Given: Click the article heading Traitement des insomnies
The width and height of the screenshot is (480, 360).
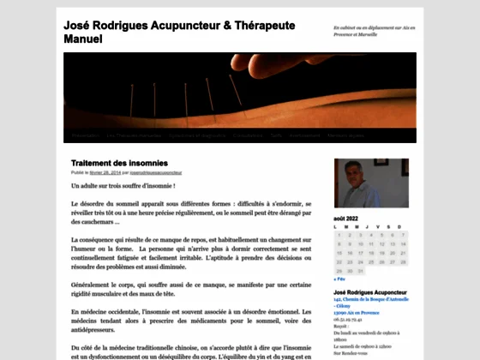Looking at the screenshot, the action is pos(119,163).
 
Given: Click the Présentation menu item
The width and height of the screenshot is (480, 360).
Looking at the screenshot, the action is pos(85,135).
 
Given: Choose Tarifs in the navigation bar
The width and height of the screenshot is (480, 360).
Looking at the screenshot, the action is pos(276,135).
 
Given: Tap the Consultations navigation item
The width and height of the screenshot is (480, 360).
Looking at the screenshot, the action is pos(249,135).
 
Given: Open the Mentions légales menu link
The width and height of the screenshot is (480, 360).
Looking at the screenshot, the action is pos(345,135).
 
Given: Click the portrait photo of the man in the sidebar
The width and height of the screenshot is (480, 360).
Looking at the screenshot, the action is pos(357,183).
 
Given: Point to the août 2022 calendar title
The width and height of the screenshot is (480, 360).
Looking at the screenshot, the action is pos(346,219).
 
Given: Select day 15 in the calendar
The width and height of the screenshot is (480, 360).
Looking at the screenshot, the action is pos(339,253).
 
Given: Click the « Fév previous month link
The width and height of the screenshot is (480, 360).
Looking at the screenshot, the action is pos(340,279).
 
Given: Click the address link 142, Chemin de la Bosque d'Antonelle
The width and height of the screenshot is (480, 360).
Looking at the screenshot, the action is pos(370,299).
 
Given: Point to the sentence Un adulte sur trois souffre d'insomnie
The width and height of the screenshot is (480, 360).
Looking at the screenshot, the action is pos(123,186).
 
